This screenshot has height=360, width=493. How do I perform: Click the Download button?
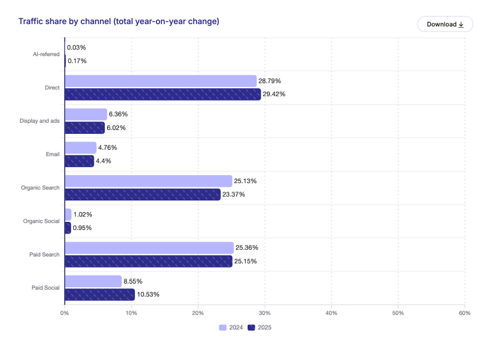click(x=445, y=24)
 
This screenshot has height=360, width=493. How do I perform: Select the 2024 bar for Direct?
click(x=160, y=81)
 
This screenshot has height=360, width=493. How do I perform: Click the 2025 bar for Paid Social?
click(x=99, y=294)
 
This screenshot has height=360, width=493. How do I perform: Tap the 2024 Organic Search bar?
click(x=148, y=181)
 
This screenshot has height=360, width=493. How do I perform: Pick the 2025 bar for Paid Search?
click(x=148, y=261)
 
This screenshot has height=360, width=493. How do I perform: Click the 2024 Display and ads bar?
click(x=86, y=114)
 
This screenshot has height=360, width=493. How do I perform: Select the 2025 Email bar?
click(x=79, y=161)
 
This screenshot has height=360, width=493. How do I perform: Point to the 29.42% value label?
click(x=275, y=94)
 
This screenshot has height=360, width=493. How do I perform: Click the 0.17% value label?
click(x=76, y=61)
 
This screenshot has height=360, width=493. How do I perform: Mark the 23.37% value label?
click(x=234, y=194)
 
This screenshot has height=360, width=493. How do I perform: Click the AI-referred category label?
click(x=46, y=54)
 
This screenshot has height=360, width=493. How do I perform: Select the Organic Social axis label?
click(x=41, y=221)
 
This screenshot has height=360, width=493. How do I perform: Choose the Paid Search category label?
click(x=46, y=254)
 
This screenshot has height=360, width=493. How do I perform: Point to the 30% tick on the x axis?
click(x=264, y=313)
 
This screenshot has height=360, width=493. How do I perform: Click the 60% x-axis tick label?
click(x=465, y=313)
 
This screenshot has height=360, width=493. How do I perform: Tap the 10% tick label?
click(x=131, y=313)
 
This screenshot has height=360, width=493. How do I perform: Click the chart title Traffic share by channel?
click(x=118, y=22)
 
